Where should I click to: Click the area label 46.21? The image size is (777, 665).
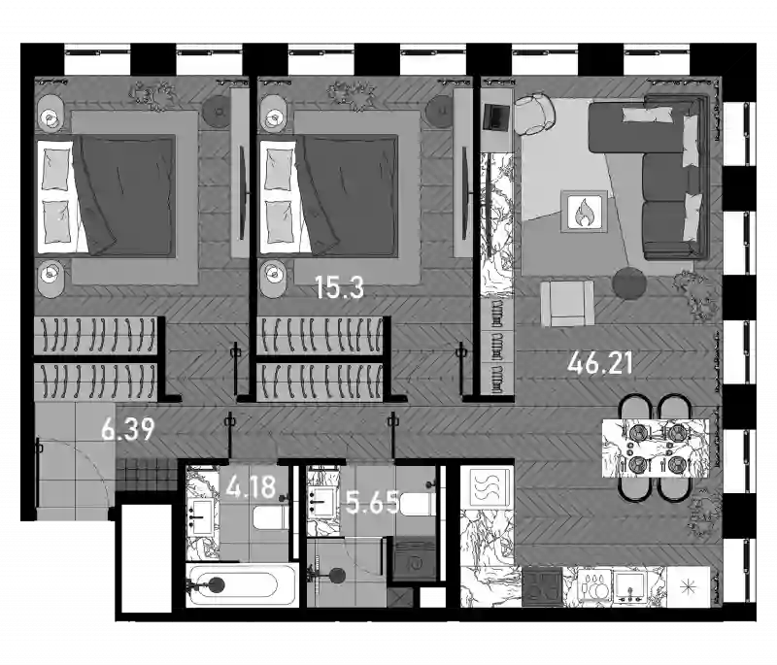point(600,363)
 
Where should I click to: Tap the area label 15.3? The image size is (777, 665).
point(339,287)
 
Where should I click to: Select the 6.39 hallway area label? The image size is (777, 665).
point(128,429)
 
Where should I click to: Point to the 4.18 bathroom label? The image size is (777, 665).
point(251,486)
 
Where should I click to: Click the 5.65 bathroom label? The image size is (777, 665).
point(373,504)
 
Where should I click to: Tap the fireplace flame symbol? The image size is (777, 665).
point(584,212)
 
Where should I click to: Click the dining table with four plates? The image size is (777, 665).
point(655,449)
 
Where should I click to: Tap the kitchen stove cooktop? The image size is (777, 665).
point(543,586)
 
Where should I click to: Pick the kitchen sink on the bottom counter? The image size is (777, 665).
point(629,586)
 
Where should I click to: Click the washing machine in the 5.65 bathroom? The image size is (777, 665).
point(415,560)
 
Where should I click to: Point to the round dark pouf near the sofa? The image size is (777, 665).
point(629,283)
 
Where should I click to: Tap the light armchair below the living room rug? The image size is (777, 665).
point(567,303)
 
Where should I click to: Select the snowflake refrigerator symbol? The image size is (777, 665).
point(688,587)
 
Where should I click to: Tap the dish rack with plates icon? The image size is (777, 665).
point(594,587)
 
